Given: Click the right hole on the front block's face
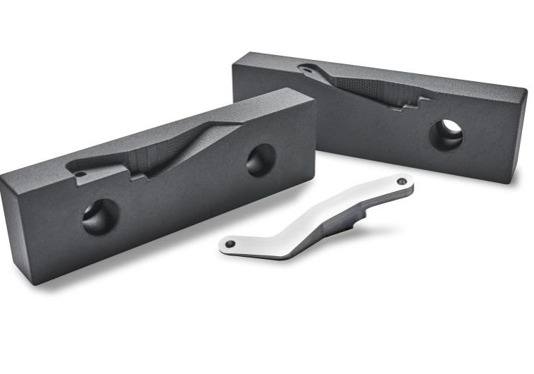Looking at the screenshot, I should click(260, 160).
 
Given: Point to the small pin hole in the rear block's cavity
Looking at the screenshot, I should click(305, 69).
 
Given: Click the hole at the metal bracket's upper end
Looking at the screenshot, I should click(401, 181).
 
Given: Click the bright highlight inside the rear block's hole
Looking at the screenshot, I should click(453, 128).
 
